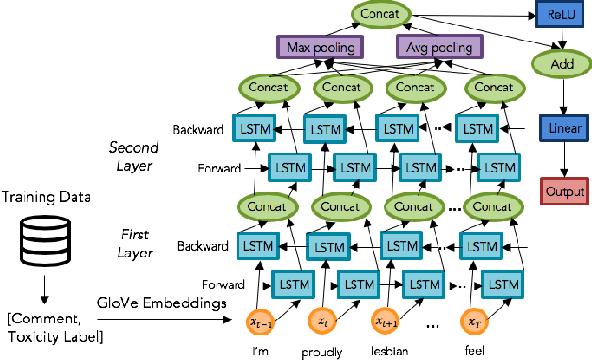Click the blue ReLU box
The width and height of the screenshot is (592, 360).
point(555,15)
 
